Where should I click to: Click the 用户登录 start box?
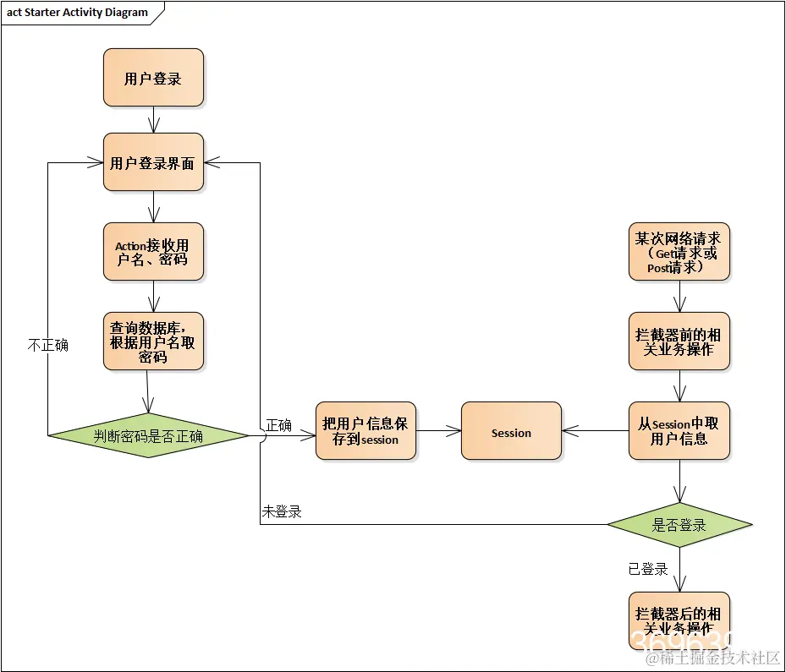[153, 78]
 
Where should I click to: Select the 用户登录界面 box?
[153, 162]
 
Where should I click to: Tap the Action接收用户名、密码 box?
[153, 251]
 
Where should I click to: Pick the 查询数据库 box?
[153, 341]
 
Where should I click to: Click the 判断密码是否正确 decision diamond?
[149, 435]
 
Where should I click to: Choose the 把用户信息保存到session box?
[366, 431]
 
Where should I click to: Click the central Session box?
[510, 431]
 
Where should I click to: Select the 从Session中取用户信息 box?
[679, 431]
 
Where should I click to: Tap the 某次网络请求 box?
[679, 251]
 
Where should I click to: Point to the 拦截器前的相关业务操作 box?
[679, 341]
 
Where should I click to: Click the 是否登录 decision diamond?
[679, 525]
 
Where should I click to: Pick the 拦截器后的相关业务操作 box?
[679, 620]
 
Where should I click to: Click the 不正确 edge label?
[48, 345]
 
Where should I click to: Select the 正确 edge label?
[278, 425]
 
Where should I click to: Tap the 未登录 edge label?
[282, 511]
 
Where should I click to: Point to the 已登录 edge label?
[648, 569]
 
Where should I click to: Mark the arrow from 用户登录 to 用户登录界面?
[153, 119]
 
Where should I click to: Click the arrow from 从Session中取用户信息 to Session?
[595, 431]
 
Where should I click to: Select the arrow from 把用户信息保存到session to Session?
[438, 431]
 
